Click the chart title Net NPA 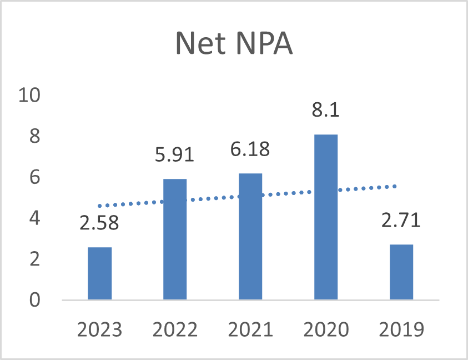[x=234, y=43]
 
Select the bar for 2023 [x=100, y=273]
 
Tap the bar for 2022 [x=175, y=239]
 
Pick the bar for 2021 [x=250, y=236]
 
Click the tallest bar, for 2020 [x=326, y=217]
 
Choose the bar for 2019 [x=401, y=272]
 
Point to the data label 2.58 [x=99, y=223]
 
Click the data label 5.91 [x=175, y=154]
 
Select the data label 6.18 [x=250, y=149]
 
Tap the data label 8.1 [x=326, y=109]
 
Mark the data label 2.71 [x=401, y=220]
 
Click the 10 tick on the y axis [x=29, y=96]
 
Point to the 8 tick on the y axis [x=34, y=136]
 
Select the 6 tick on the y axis [x=34, y=177]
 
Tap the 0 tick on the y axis [x=34, y=300]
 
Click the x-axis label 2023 [x=100, y=329]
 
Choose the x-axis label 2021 [x=250, y=329]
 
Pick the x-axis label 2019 [x=401, y=329]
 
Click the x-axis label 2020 [x=326, y=329]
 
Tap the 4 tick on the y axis [x=34, y=218]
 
